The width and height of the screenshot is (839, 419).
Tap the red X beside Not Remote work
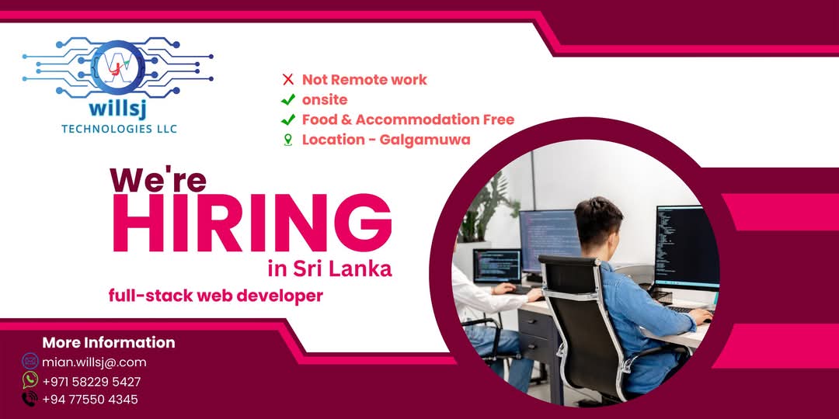[x=287, y=79]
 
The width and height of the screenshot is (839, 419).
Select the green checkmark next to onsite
[x=287, y=99]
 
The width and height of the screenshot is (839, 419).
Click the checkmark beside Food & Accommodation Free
[x=287, y=119]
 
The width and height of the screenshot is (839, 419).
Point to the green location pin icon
[x=287, y=140]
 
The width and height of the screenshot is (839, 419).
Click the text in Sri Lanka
[x=329, y=268]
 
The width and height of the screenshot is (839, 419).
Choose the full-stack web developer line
[x=215, y=295]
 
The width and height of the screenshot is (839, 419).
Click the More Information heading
[x=108, y=342]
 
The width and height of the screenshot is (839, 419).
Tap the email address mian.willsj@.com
[x=94, y=362]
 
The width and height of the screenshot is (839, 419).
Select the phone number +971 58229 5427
[x=91, y=381]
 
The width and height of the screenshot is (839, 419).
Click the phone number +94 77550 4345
[x=89, y=400]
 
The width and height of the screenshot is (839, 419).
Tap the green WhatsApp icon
[x=30, y=380]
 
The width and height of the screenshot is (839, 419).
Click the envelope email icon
[x=30, y=361]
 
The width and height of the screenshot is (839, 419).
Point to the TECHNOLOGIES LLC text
[x=119, y=128]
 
